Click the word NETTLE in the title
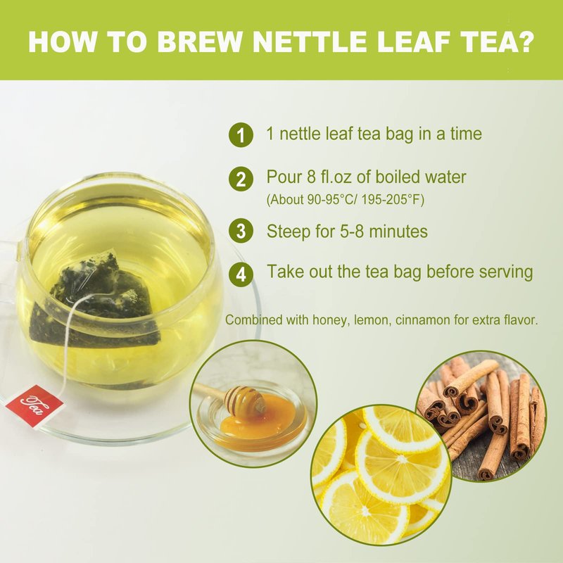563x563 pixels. (x=310, y=42)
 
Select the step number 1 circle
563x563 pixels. (x=241, y=135)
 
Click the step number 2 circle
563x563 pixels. (x=241, y=179)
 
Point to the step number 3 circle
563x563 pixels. (x=241, y=231)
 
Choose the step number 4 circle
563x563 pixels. (x=241, y=274)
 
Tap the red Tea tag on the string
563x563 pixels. (x=34, y=406)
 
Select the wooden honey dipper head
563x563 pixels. (x=244, y=400)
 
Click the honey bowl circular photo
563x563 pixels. (x=253, y=403)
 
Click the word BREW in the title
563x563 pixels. (x=199, y=42)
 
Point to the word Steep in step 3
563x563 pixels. (x=289, y=232)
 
